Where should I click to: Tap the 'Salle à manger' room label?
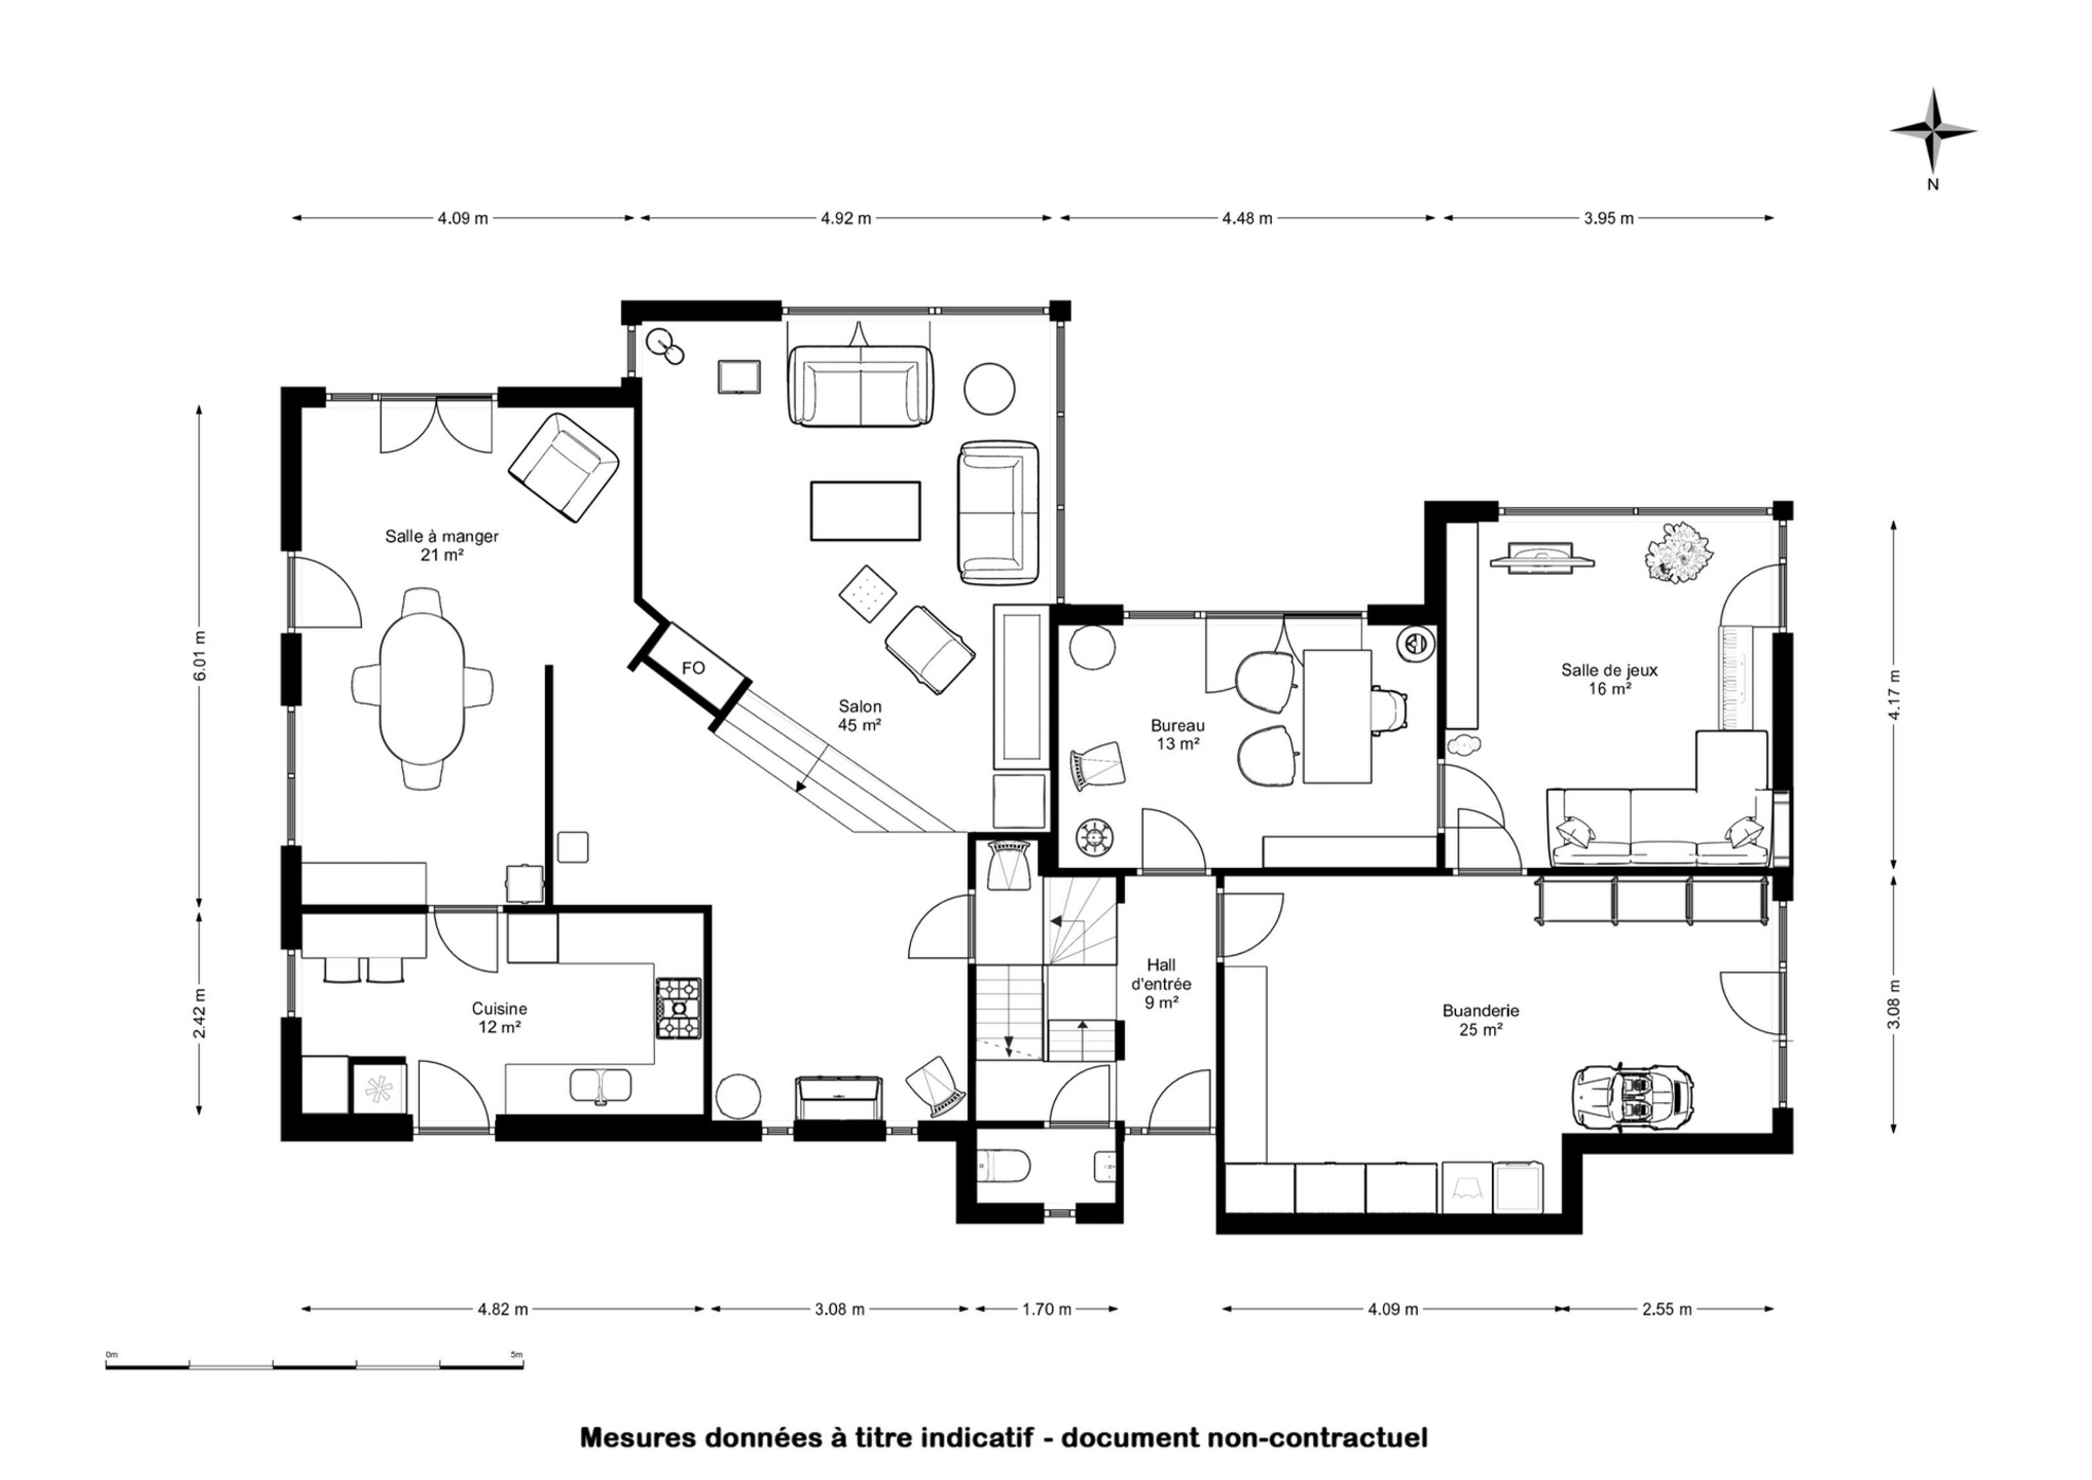click(442, 537)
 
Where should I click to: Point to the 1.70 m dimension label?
click(1047, 1310)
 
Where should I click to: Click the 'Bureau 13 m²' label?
click(1178, 734)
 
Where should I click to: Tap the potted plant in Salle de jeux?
click(1678, 551)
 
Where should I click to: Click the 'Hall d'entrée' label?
click(1161, 974)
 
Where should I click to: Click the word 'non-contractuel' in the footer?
click(1317, 1438)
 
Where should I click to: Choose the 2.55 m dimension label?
click(1667, 1310)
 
